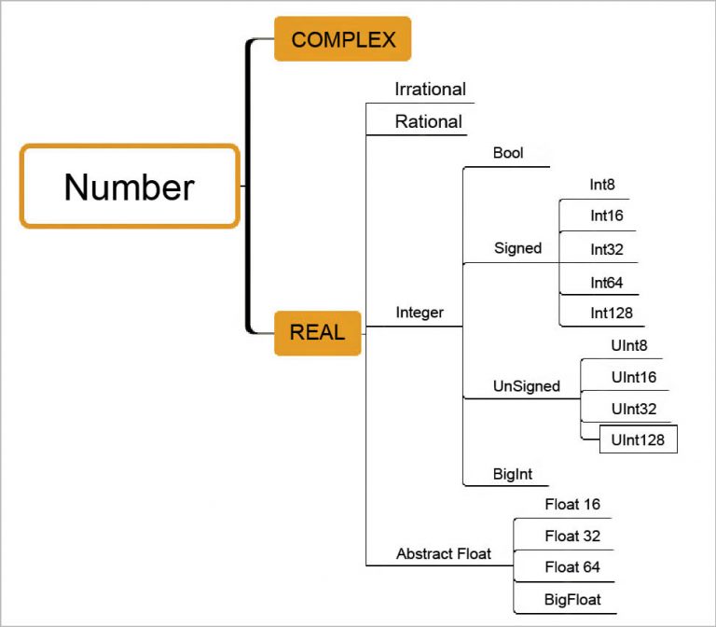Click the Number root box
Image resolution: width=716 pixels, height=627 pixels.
tap(130, 186)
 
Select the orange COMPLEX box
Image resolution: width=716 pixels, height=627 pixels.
tap(342, 39)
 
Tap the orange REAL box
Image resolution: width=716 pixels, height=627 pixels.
tap(317, 332)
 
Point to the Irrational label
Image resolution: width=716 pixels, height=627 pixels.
tap(430, 90)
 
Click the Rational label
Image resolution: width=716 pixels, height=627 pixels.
tap(428, 121)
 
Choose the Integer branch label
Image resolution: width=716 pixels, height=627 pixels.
tap(420, 313)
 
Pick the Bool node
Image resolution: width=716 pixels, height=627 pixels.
tap(508, 153)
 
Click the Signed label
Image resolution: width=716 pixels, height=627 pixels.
tap(517, 248)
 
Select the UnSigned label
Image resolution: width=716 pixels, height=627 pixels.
tap(526, 385)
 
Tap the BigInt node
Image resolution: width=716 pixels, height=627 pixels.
tap(513, 474)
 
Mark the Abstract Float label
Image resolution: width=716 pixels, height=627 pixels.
tap(444, 553)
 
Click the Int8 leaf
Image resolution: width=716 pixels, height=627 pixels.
tap(602, 185)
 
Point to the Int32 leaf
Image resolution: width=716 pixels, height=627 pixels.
tap(606, 249)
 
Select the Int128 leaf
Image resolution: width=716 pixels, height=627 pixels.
tap(611, 313)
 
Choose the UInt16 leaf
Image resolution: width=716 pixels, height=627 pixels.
tap(634, 377)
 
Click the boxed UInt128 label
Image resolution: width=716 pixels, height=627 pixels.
tap(638, 439)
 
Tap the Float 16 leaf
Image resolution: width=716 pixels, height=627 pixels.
tap(572, 505)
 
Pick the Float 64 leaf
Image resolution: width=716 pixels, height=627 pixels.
tap(572, 566)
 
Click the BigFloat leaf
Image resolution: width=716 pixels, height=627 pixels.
tap(572, 599)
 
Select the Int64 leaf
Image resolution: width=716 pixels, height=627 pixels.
tap(606, 282)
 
